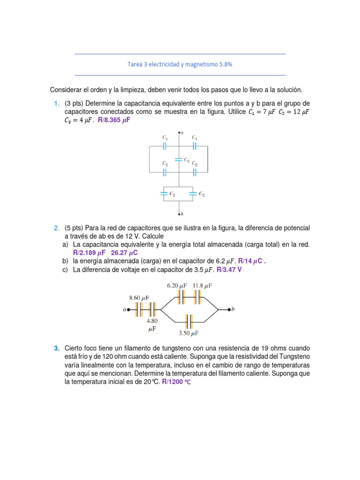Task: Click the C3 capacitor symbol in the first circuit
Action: pyautogui.click(x=178, y=159)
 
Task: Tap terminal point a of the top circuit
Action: pyautogui.click(x=180, y=133)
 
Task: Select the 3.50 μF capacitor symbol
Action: pyautogui.click(x=188, y=322)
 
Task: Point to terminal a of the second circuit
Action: pyautogui.click(x=129, y=309)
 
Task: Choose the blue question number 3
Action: pyautogui.click(x=56, y=348)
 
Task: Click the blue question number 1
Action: pyautogui.click(x=56, y=103)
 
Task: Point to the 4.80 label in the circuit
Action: pyautogui.click(x=153, y=321)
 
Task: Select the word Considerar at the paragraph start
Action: pyautogui.click(x=66, y=90)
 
